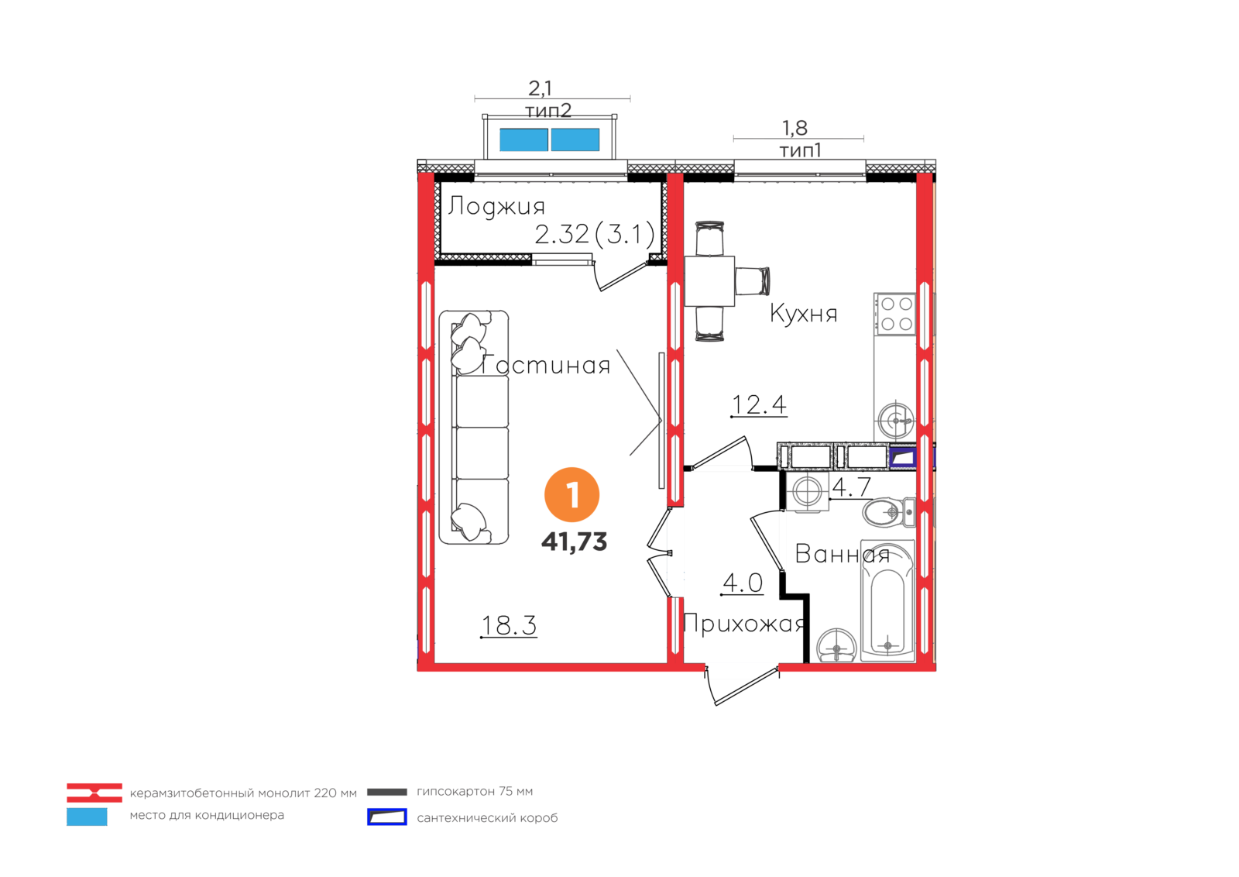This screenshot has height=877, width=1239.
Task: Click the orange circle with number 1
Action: [x=572, y=495]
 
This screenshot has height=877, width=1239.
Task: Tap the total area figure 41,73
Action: [x=574, y=542]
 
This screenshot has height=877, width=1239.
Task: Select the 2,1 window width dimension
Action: [x=541, y=88]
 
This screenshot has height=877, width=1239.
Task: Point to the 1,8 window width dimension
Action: [x=795, y=128]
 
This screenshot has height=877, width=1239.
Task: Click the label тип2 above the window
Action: [x=548, y=111]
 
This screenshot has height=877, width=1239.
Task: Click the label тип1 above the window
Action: [x=800, y=150]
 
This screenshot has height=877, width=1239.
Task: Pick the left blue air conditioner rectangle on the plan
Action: [x=523, y=140]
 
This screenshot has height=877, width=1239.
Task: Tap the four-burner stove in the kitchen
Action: [x=896, y=314]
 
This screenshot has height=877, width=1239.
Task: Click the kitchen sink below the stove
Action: [x=896, y=421]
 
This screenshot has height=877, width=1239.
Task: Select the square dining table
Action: [x=710, y=281]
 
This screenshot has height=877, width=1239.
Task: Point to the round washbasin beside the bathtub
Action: [x=836, y=645]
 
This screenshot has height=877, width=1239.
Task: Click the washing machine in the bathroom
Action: [x=808, y=491]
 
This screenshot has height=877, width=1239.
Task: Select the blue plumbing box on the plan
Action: [x=901, y=459]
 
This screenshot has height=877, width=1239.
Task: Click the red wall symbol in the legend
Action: [x=94, y=793]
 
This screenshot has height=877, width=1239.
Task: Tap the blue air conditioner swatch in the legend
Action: [x=87, y=817]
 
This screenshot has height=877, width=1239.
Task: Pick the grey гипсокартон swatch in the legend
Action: [x=386, y=792]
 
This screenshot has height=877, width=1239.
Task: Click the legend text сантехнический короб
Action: [x=487, y=818]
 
